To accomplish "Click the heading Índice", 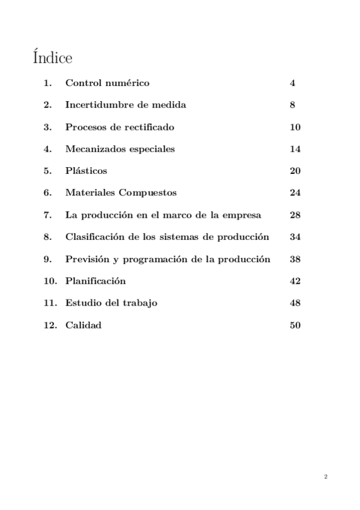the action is pos(52,58).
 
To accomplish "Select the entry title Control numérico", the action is pos(107,83).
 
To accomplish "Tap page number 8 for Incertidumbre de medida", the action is pos(292,105).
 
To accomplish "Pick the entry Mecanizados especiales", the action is pos(120,149).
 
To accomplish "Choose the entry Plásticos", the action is pos(86,171).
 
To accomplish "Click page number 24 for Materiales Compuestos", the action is pos(294,193).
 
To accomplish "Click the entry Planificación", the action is pos(95,281).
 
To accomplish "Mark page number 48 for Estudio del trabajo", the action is pos(294,303).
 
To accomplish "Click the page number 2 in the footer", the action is pos(325,477).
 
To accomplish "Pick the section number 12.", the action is pos(50,325).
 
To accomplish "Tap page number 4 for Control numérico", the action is pos(292,83).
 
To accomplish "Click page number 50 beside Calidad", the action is pos(294,325).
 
